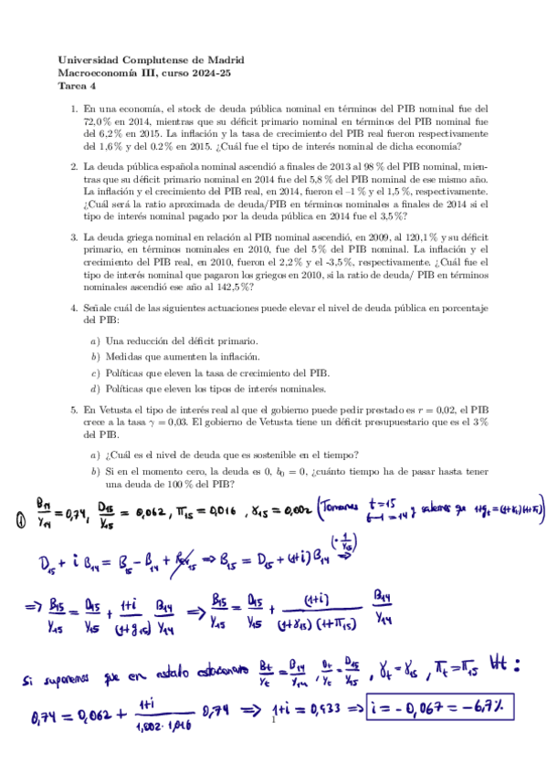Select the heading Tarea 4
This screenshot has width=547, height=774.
[x=77, y=87]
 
